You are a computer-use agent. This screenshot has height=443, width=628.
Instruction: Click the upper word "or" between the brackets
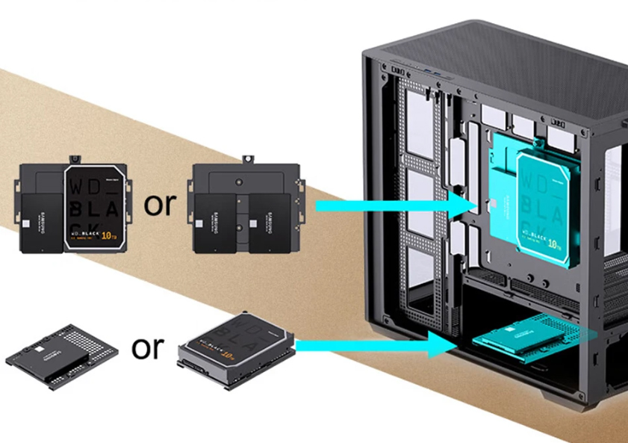pyautogui.click(x=158, y=204)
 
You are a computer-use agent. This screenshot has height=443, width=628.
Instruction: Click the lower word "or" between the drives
pyautogui.click(x=147, y=347)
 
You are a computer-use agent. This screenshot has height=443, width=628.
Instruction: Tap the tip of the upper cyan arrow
pyautogui.click(x=475, y=204)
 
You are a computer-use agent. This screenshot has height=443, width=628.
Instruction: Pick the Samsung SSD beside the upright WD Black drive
pyautogui.click(x=41, y=222)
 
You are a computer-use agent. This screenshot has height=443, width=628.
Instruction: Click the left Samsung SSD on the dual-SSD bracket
pyautogui.click(x=214, y=222)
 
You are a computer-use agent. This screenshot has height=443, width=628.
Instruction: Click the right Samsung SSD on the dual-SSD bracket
pyautogui.click(x=270, y=222)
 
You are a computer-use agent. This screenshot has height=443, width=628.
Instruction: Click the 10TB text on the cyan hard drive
pyautogui.click(x=553, y=243)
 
